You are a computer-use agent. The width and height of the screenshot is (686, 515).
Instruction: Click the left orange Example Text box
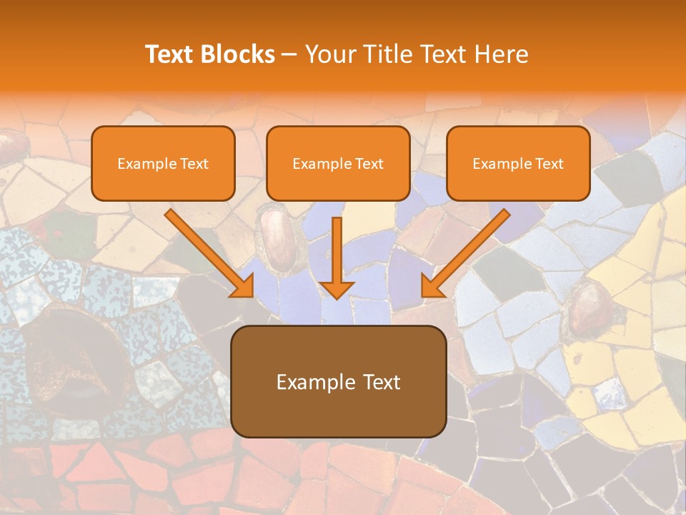tap(163, 163)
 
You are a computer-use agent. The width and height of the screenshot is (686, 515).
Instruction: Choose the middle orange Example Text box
tap(338, 163)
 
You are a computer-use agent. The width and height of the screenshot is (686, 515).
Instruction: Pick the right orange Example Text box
tap(518, 163)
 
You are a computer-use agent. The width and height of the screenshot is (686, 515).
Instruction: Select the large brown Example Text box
tap(338, 381)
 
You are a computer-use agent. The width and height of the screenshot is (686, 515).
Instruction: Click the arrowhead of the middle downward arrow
tap(337, 288)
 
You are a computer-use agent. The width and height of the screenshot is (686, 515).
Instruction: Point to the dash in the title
tap(289, 54)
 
